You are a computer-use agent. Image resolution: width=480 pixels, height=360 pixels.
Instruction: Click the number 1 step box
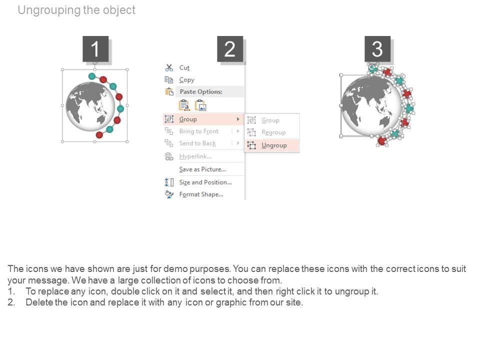coord(95,48)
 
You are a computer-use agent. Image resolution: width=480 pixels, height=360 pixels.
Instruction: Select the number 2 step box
coord(230,48)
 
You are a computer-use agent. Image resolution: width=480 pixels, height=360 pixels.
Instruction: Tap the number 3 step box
coord(377,48)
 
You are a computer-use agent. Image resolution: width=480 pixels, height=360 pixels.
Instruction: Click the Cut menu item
coord(184,67)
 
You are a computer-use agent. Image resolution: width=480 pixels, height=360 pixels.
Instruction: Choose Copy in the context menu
coord(186,80)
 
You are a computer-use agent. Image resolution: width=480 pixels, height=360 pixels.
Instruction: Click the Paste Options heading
coord(201,91)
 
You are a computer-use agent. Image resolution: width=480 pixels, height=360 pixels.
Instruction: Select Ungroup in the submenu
coord(274,145)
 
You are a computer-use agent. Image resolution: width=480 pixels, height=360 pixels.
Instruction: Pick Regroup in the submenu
coord(273,132)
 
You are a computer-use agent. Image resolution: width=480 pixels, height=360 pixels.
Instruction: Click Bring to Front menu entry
coord(198,131)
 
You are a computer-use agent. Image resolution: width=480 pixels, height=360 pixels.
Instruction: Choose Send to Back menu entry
coord(197,143)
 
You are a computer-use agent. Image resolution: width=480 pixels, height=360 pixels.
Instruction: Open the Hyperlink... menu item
coord(195,156)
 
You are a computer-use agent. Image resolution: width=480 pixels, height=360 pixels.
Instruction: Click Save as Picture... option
coord(202,169)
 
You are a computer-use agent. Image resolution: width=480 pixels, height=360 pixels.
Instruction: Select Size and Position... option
coord(205,182)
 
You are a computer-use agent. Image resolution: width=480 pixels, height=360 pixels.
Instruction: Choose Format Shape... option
coord(201,194)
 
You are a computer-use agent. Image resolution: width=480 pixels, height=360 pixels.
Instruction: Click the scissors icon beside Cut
coord(169,67)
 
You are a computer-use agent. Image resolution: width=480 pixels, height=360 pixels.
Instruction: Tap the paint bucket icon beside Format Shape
coord(169,194)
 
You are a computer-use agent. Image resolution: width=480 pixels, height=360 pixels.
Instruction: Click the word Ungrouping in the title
coord(49,10)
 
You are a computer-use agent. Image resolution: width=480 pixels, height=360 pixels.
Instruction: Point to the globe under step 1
coord(90,106)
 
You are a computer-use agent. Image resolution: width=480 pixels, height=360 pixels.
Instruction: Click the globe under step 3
coord(371,105)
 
